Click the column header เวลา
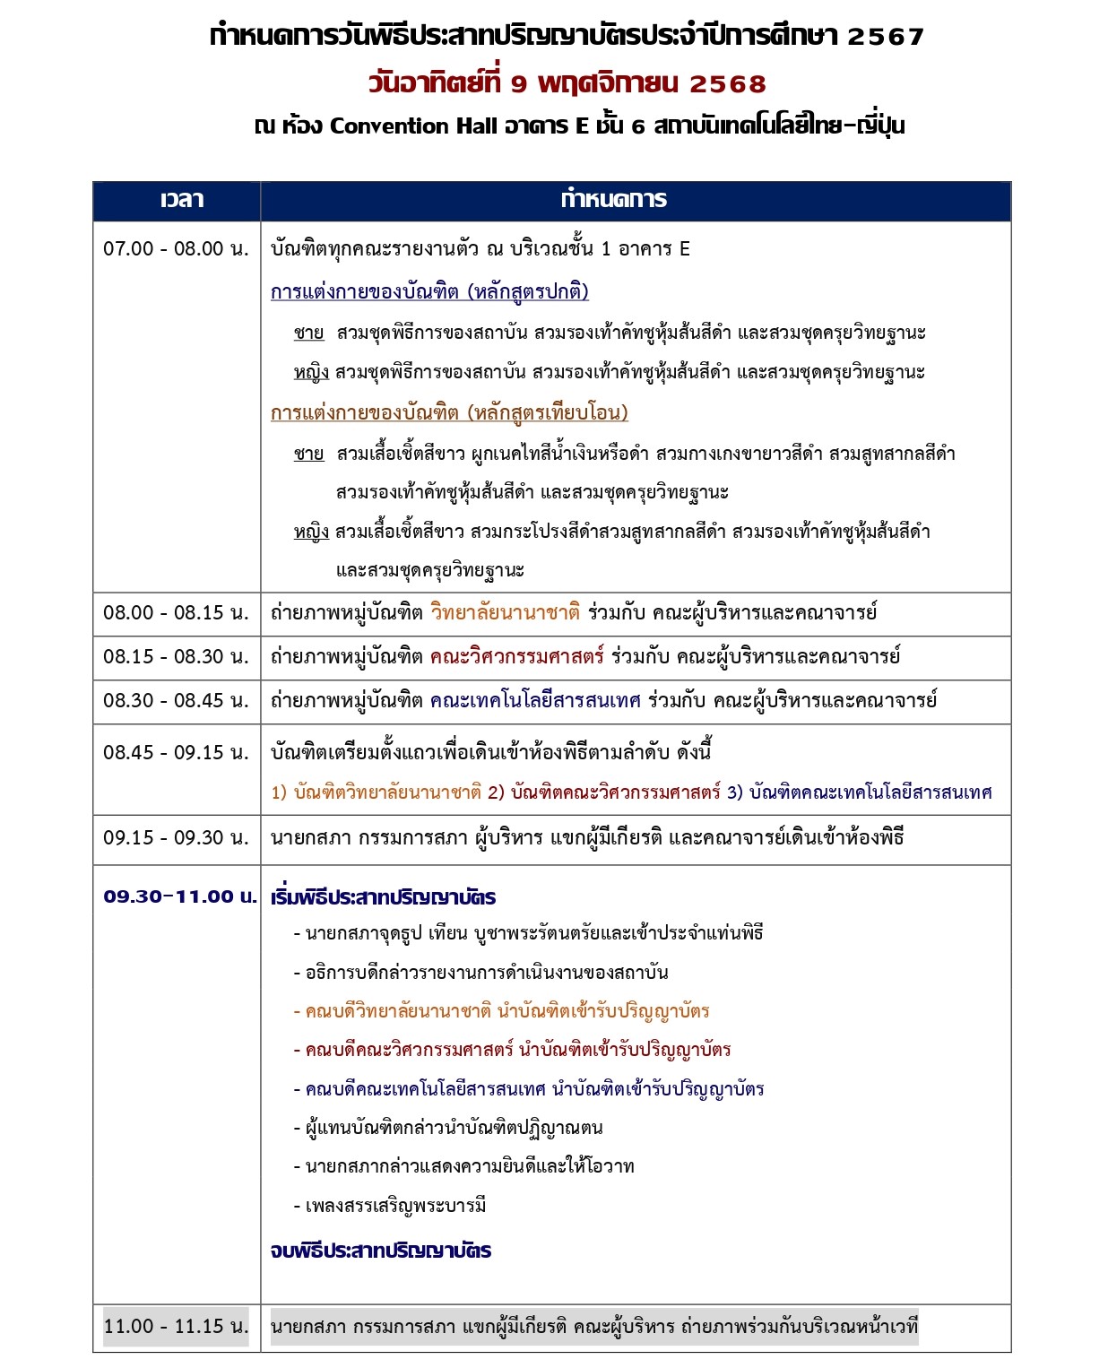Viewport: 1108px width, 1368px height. click(182, 200)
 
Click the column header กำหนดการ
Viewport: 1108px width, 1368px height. click(614, 200)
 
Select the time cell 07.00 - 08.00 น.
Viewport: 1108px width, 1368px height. click(176, 249)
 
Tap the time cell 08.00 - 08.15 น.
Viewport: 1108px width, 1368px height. click(176, 613)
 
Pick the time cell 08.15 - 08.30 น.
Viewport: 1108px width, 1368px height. click(176, 657)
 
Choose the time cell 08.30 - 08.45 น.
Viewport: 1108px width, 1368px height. click(176, 701)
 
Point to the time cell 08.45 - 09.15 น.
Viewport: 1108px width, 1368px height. click(176, 753)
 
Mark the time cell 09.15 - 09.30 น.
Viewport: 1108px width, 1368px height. click(176, 838)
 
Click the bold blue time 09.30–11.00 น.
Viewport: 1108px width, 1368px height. click(179, 896)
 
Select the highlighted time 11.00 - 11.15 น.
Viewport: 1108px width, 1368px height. click(176, 1327)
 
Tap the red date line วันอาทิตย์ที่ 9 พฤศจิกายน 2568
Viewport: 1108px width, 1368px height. click(567, 83)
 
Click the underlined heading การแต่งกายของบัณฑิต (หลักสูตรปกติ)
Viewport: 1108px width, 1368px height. click(429, 292)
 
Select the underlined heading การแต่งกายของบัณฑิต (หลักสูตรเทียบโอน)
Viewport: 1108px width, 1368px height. click(449, 413)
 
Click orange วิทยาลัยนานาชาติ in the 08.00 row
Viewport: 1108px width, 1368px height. click(505, 613)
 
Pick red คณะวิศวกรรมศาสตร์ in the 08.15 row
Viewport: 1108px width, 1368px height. click(516, 657)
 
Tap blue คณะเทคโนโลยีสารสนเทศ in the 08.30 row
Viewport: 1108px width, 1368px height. click(535, 701)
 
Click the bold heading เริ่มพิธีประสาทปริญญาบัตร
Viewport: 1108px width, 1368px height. click(383, 897)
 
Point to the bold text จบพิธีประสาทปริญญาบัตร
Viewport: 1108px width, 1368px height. click(380, 1251)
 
